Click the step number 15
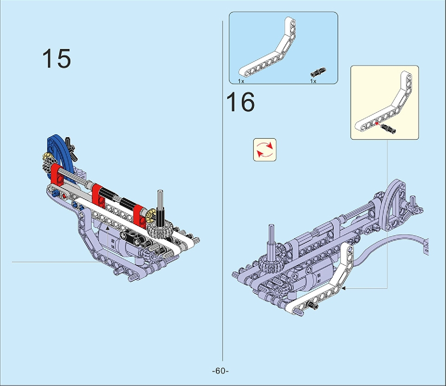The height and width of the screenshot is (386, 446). (x=57, y=58)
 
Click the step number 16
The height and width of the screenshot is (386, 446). (x=240, y=102)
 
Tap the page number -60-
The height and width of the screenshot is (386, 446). (x=220, y=371)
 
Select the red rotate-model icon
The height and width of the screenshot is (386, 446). (x=265, y=150)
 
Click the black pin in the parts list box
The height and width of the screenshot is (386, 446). (x=318, y=73)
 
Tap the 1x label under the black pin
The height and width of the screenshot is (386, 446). (x=313, y=81)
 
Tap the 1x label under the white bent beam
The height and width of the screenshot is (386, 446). (x=241, y=81)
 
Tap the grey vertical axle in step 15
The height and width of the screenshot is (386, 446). (x=160, y=201)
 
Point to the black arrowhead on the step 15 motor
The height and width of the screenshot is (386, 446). (x=108, y=228)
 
